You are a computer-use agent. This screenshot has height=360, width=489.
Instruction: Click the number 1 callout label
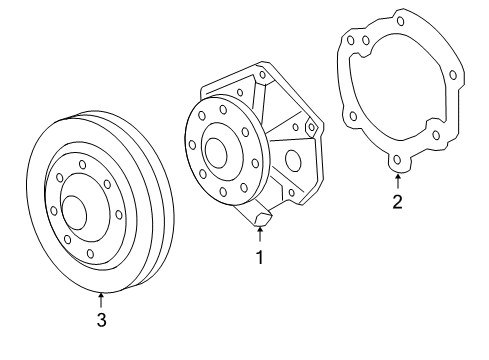point(259,258)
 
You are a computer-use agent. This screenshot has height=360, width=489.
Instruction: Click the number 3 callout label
point(100,321)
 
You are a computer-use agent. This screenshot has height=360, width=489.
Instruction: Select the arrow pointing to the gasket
point(397,181)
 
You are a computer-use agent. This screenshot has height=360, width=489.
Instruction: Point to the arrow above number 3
point(100,298)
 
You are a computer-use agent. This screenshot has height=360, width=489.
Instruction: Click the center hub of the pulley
point(76,211)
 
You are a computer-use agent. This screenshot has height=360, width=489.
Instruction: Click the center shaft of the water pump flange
point(216,152)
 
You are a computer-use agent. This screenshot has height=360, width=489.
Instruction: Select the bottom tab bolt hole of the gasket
point(397,160)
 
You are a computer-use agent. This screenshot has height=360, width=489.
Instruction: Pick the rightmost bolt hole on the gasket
point(453,75)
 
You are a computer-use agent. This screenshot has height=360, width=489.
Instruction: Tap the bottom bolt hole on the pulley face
point(91,254)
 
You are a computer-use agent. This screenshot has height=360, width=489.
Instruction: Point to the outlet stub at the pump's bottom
point(262,213)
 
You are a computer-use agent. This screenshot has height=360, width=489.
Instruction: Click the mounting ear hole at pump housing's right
point(310,127)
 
